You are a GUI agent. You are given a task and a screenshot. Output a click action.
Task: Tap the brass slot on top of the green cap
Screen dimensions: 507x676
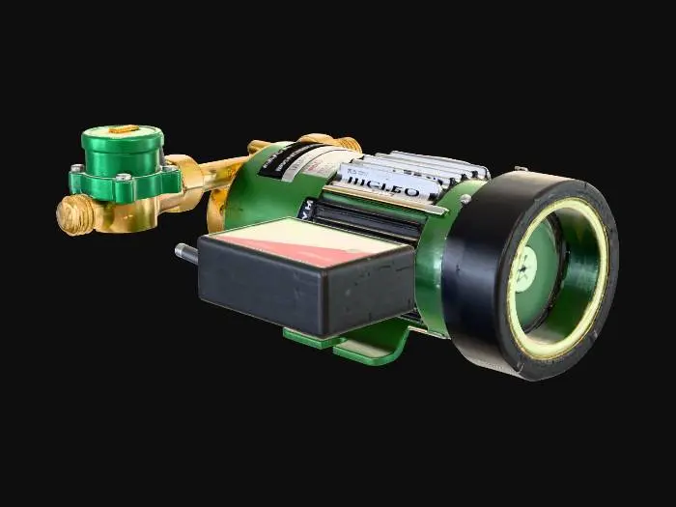click(122, 129)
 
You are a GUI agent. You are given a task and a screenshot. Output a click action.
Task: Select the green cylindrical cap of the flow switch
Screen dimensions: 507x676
click(122, 151)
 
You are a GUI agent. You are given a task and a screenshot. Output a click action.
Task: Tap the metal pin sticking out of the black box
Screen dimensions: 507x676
click(185, 253)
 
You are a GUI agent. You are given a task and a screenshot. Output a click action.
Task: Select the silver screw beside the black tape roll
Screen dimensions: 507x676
click(465, 200)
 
